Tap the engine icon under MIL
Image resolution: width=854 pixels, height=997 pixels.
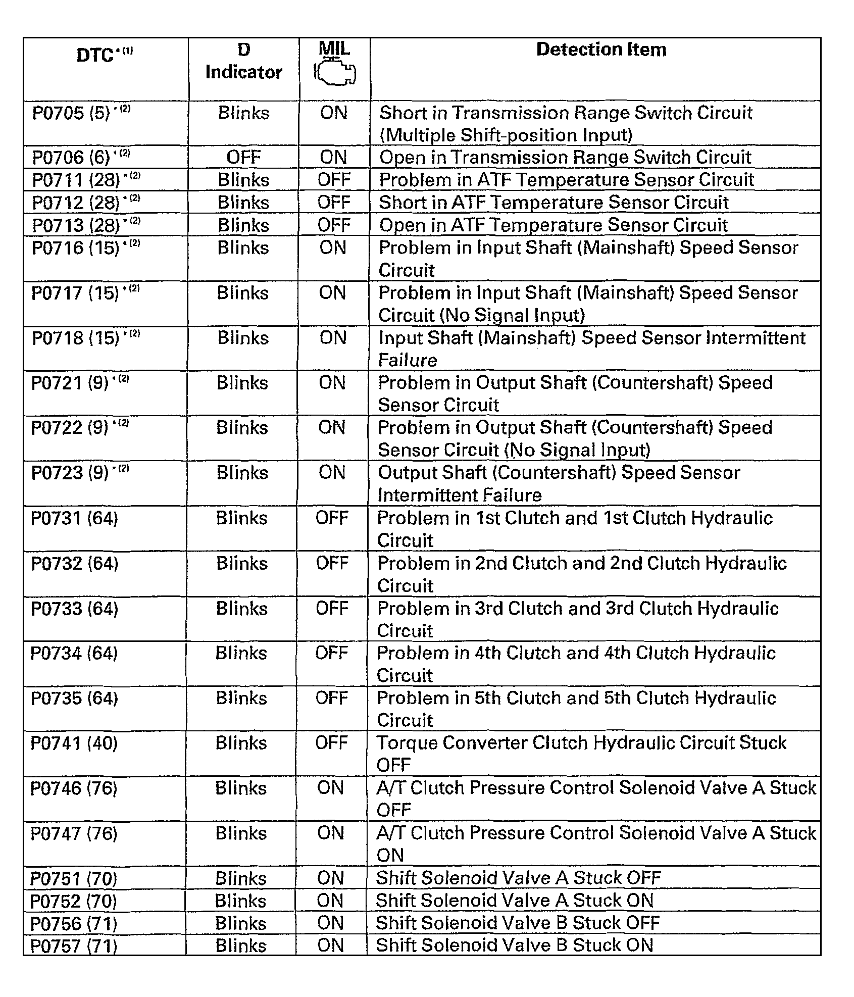point(335,74)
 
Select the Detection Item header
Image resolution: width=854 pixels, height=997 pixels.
point(601,49)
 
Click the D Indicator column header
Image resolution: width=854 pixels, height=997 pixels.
point(243,61)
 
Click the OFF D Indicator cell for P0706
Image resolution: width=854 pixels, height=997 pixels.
point(243,158)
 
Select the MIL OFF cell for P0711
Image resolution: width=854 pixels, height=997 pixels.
point(334,180)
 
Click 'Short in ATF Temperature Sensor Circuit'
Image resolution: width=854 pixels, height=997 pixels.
point(554,203)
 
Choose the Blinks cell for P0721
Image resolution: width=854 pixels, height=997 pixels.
point(242,383)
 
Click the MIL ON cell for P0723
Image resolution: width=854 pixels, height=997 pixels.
point(332,473)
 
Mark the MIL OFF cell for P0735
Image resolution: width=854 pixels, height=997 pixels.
point(332,698)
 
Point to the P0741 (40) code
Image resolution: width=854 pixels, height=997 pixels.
point(74,743)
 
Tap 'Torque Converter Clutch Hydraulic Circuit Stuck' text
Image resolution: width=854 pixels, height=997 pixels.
point(581,743)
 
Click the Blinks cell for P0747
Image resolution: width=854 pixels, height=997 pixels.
point(241,833)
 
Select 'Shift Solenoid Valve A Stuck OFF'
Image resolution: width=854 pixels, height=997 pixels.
point(518,878)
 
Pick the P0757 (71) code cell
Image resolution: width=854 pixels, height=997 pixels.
point(74,945)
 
